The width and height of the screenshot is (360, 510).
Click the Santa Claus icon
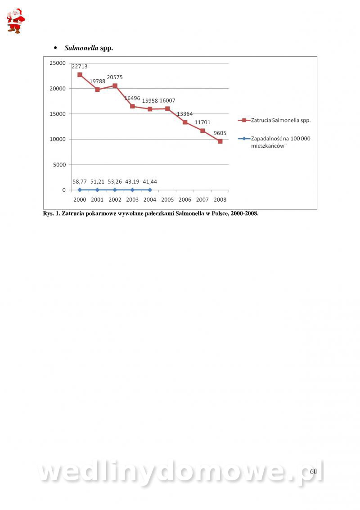tap(15, 21)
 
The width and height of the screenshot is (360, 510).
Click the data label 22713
tap(80, 67)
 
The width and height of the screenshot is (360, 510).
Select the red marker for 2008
tap(220, 141)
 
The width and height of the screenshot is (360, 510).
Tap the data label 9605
tap(220, 133)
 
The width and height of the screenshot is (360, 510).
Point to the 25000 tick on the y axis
tap(57, 63)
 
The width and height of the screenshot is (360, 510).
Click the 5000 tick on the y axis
tap(59, 165)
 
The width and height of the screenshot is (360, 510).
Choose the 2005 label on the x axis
tap(167, 199)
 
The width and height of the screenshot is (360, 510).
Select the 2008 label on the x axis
tap(220, 199)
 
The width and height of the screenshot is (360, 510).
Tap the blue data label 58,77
tap(80, 181)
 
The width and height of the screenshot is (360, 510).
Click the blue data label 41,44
tap(150, 181)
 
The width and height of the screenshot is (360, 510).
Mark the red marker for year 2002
tap(115, 86)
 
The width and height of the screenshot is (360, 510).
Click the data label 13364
tap(184, 114)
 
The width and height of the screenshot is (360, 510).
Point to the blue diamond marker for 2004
tap(150, 190)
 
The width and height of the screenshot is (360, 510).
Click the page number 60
tap(313, 471)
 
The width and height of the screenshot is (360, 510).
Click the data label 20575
tap(115, 77)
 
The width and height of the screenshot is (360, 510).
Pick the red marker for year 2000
tap(80, 75)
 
